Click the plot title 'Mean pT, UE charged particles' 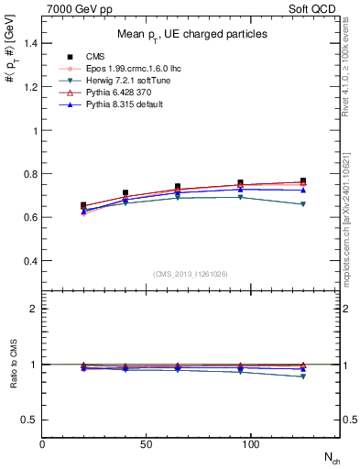192,34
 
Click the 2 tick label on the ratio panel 35,309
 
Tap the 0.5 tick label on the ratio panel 30,420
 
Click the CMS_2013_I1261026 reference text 191,274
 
